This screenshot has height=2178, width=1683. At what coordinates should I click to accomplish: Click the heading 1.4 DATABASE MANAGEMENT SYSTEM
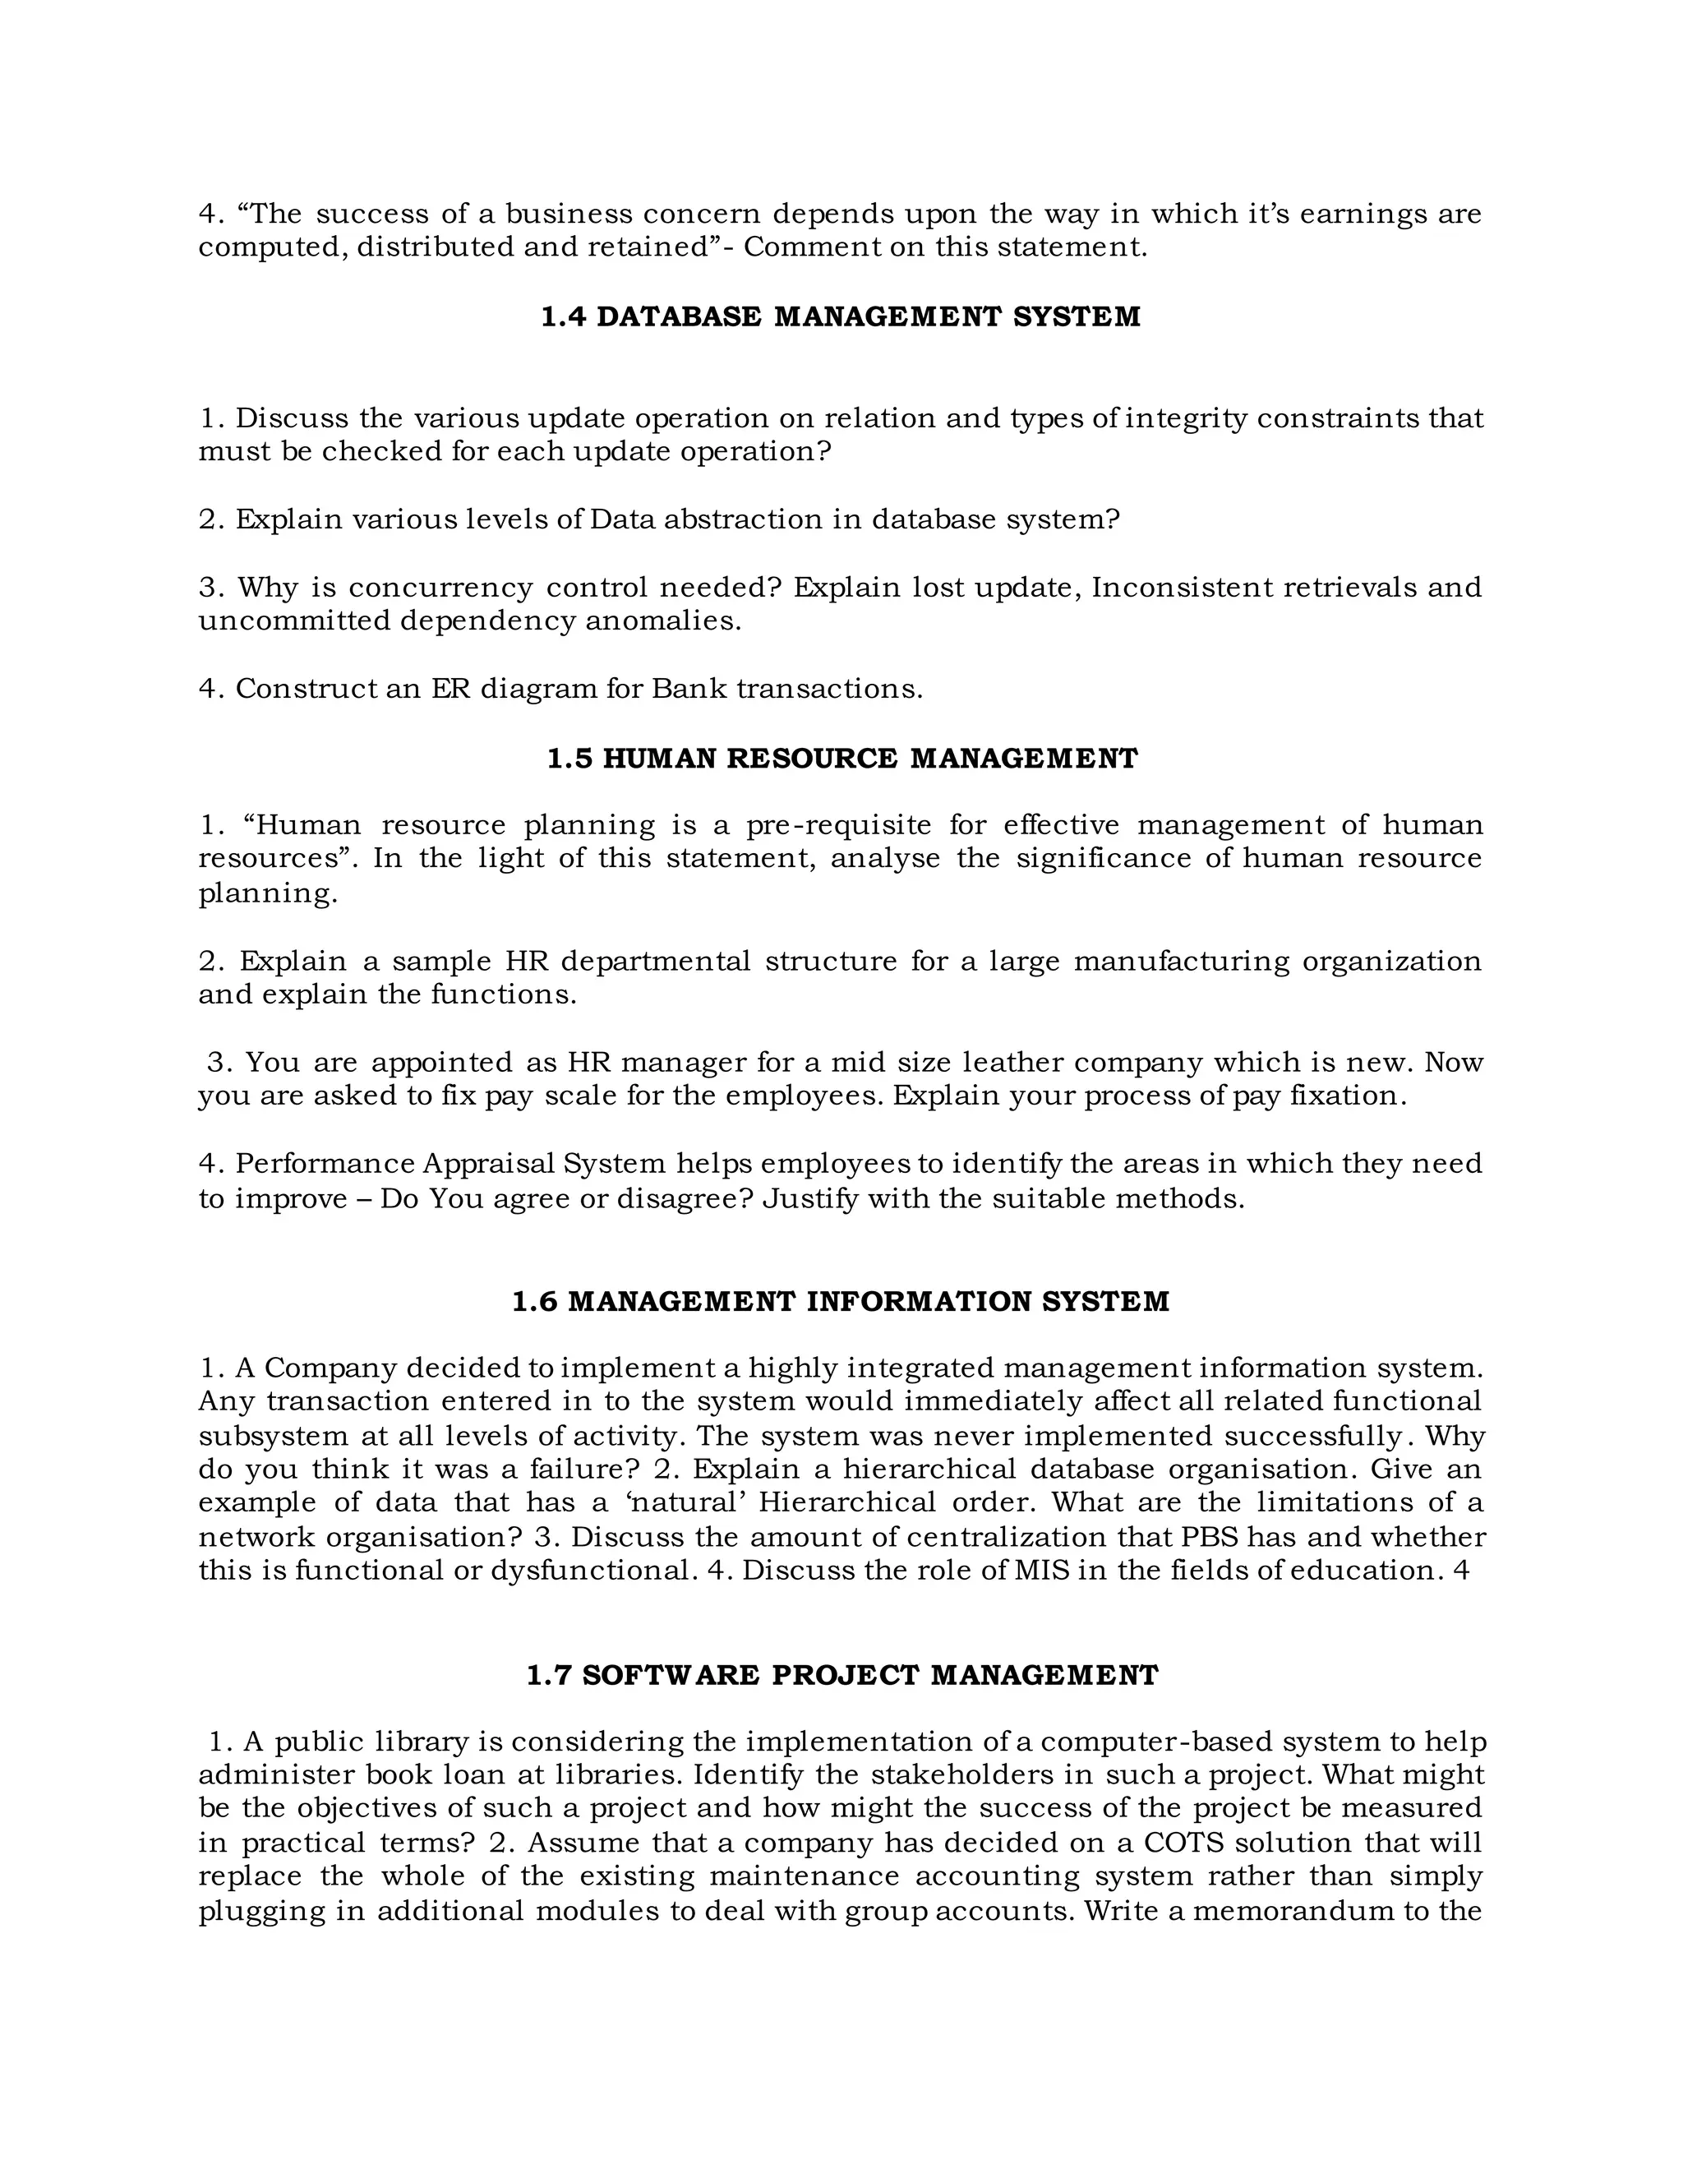(841, 317)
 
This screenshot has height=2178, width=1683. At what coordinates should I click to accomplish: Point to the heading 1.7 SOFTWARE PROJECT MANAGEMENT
(841, 1674)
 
